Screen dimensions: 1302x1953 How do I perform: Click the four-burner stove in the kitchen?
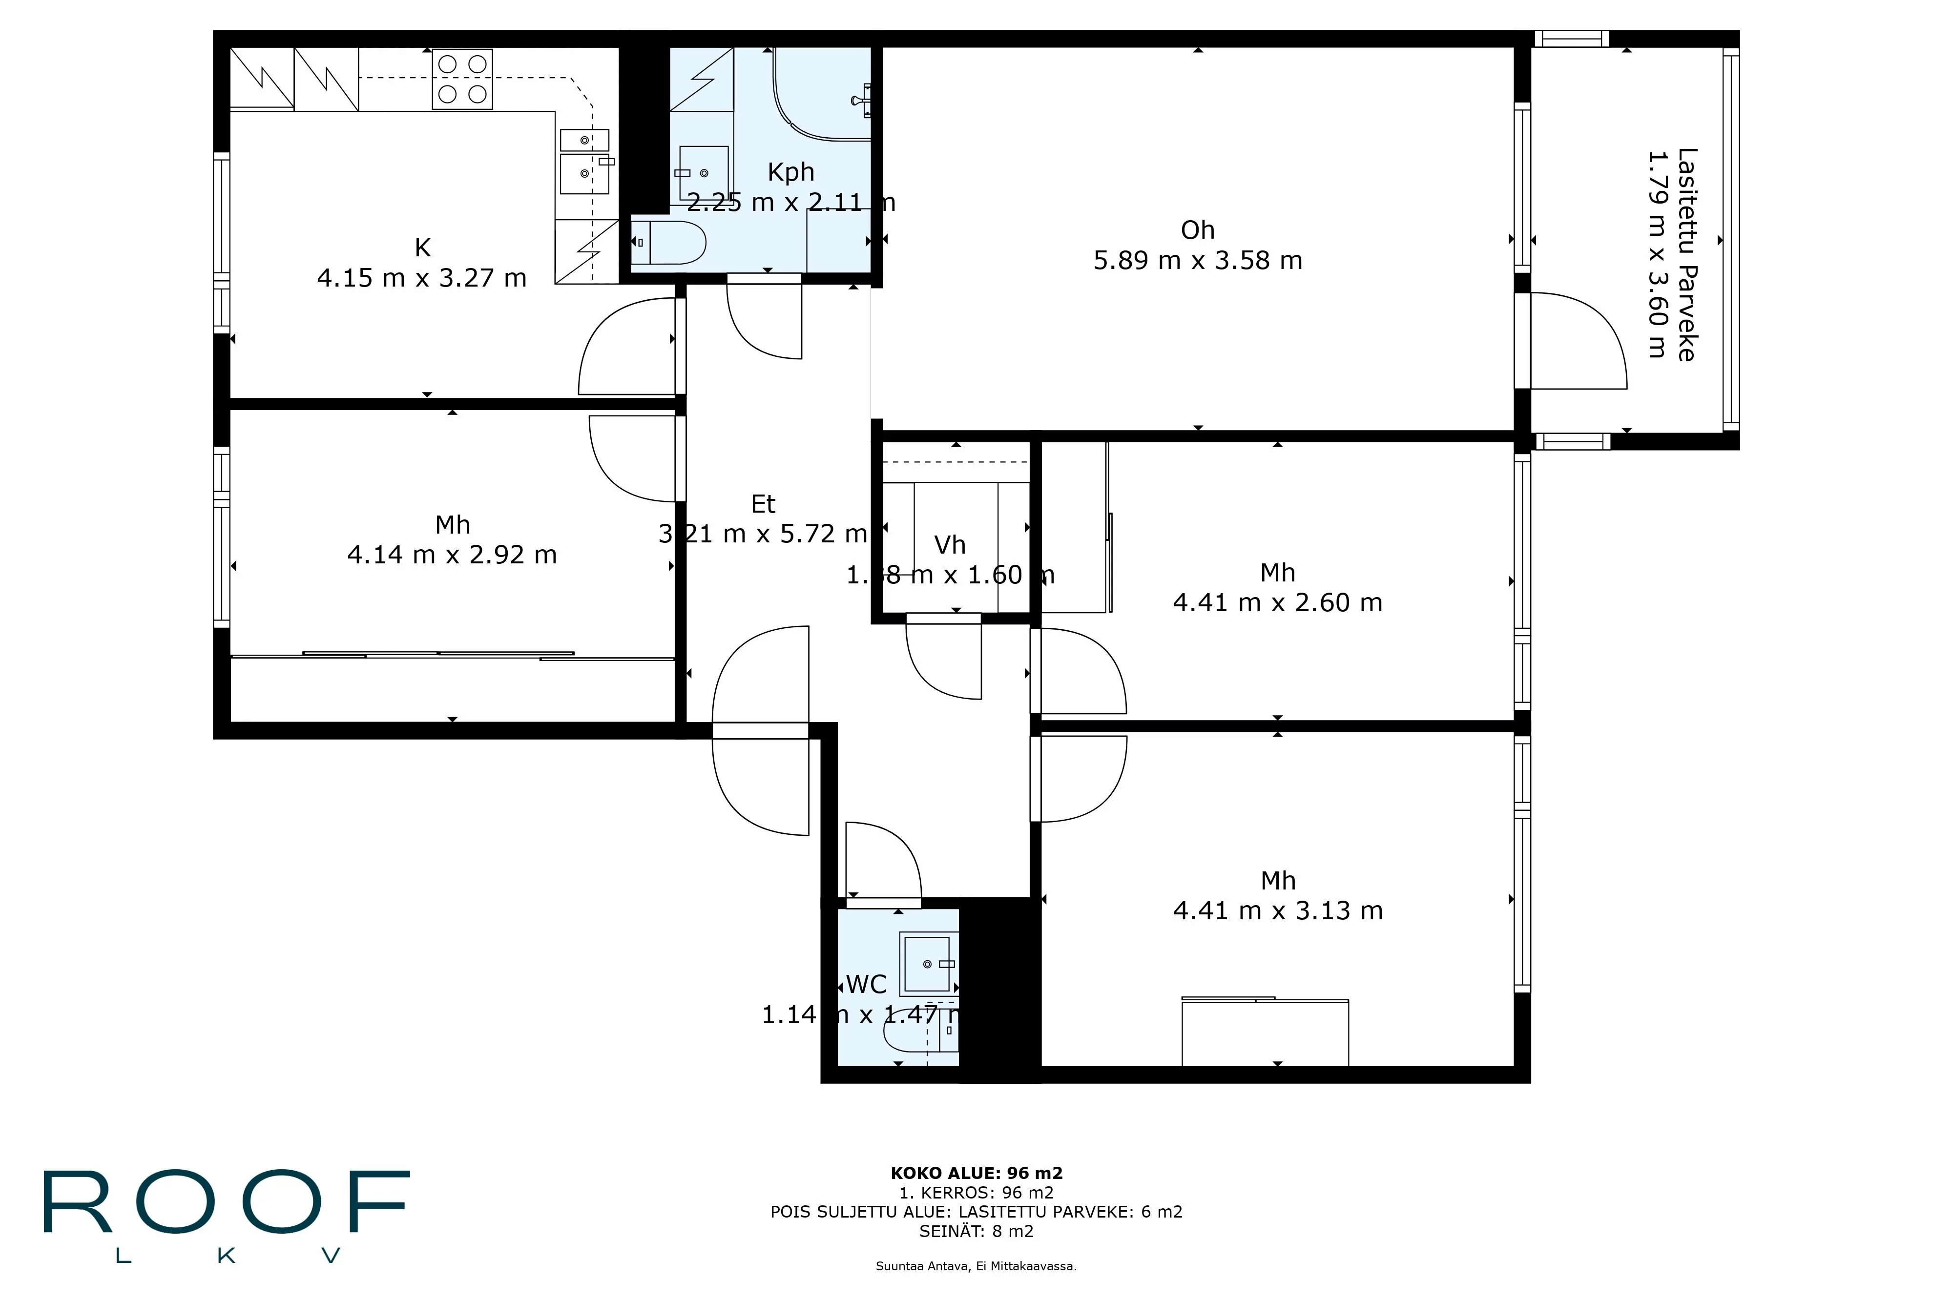(x=462, y=79)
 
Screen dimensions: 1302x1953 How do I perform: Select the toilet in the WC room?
(x=909, y=1035)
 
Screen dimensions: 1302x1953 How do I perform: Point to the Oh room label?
(x=1197, y=230)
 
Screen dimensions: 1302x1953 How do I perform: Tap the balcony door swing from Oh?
(x=1578, y=340)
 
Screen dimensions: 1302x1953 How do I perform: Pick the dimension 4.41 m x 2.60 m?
(x=1277, y=603)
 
